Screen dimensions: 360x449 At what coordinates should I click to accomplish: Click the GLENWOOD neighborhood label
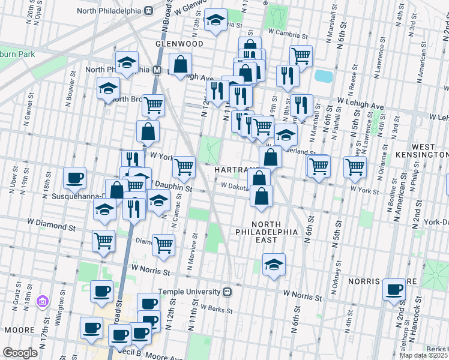(179, 44)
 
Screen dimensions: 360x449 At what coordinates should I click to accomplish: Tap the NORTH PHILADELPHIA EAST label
(265, 231)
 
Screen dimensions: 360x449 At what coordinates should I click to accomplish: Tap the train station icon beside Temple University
(227, 292)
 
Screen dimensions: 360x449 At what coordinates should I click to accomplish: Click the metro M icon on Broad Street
(157, 70)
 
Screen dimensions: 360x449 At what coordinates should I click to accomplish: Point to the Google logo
(20, 353)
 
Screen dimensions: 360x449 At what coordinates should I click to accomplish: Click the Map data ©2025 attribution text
(423, 355)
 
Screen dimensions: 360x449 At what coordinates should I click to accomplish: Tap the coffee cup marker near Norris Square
(394, 289)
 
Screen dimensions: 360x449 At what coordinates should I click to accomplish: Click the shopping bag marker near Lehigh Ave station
(180, 64)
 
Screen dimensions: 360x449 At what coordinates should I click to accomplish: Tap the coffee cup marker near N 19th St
(74, 178)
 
